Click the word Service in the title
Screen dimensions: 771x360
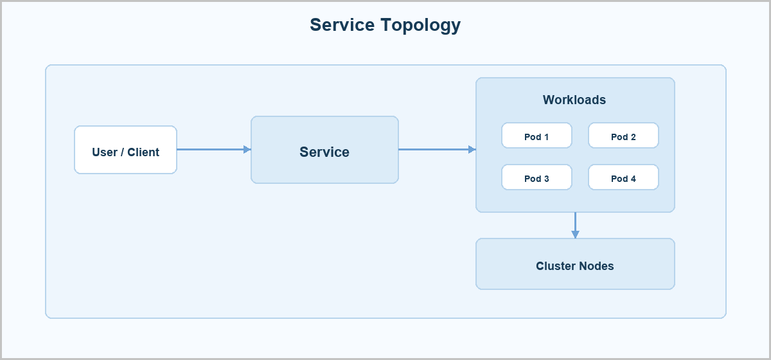click(x=342, y=25)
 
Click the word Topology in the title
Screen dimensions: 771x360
click(x=421, y=26)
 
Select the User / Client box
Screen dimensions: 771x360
click(x=126, y=150)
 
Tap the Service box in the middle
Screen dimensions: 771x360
click(x=324, y=150)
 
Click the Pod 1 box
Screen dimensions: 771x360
click(x=536, y=136)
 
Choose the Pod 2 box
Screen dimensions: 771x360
click(x=623, y=136)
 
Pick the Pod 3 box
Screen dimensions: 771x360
click(x=536, y=177)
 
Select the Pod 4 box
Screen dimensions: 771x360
click(x=623, y=177)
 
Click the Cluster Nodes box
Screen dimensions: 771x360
click(x=575, y=264)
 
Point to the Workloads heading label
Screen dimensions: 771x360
click(x=574, y=100)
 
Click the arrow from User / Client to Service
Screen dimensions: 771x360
click(x=214, y=150)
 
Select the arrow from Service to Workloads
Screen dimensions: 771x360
click(x=437, y=150)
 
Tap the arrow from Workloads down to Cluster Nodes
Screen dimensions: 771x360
click(x=575, y=225)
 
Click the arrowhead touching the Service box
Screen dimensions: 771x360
click(x=247, y=150)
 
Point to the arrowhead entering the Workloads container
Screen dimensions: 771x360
click(x=472, y=150)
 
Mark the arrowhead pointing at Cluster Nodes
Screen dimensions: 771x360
click(x=575, y=235)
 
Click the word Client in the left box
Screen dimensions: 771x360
click(x=143, y=152)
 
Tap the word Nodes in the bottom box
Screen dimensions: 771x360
click(x=596, y=266)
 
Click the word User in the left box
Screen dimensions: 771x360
click(x=105, y=152)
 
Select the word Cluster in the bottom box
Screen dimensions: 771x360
click(x=556, y=266)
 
